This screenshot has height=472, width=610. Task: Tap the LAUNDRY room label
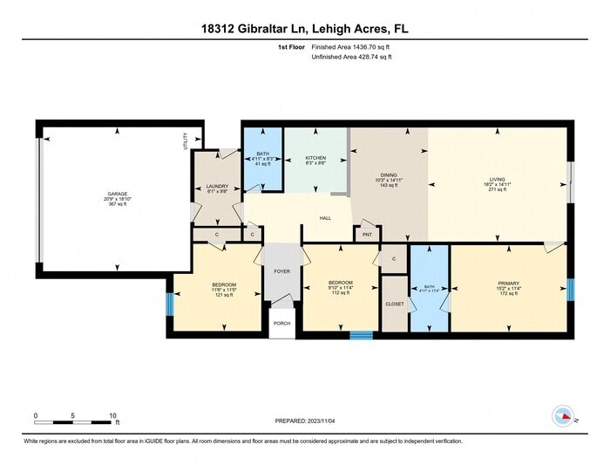pyautogui.click(x=217, y=186)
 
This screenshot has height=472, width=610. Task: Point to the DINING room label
pyautogui.click(x=389, y=175)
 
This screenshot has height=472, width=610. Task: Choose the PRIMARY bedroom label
pyautogui.click(x=508, y=284)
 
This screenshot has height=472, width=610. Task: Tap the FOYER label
pyautogui.click(x=282, y=271)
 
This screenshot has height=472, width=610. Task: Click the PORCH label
pyautogui.click(x=281, y=323)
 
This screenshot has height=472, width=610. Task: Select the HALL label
pyautogui.click(x=324, y=218)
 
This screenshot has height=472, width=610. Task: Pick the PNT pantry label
pyautogui.click(x=366, y=234)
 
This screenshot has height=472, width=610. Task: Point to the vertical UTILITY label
pyautogui.click(x=186, y=141)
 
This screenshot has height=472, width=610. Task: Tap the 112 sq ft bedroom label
pyautogui.click(x=340, y=287)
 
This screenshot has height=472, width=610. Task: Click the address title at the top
pyautogui.click(x=304, y=29)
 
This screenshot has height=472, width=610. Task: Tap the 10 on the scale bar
pyautogui.click(x=113, y=415)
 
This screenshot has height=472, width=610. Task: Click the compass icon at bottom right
pyautogui.click(x=562, y=416)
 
